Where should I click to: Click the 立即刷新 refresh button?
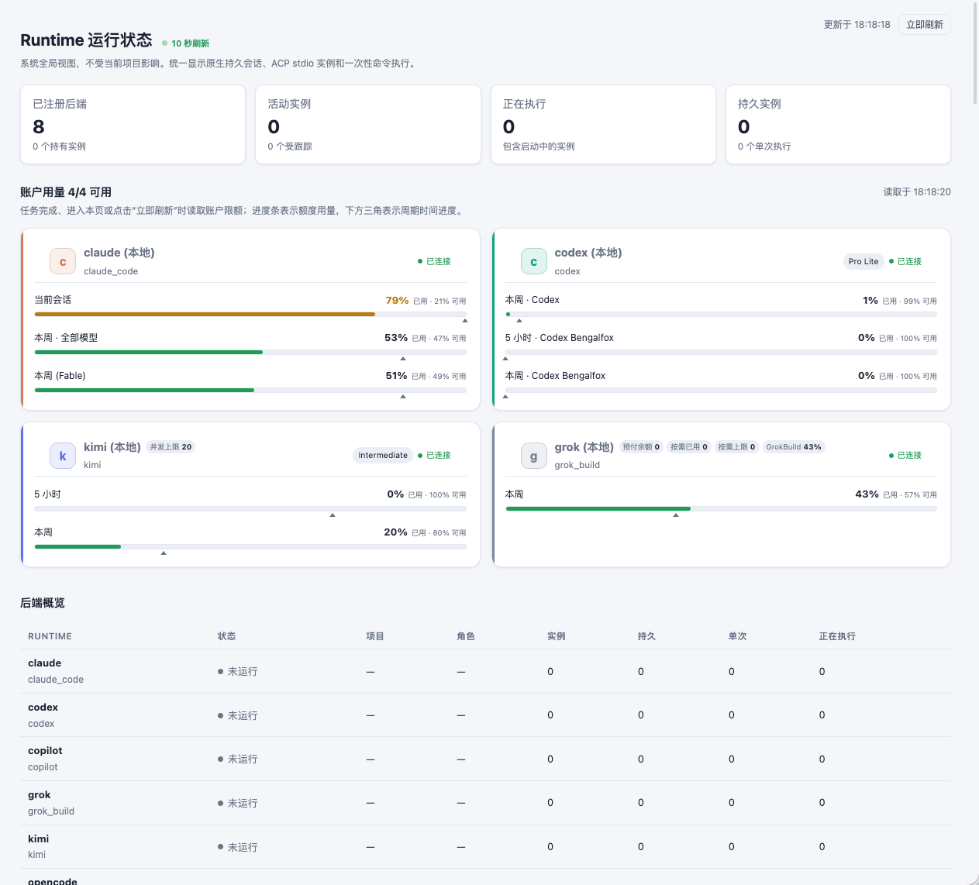(924, 24)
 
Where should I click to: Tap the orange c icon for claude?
(63, 261)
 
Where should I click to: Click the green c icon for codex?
(533, 261)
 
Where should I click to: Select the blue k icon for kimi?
(63, 456)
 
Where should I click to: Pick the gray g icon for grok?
(533, 456)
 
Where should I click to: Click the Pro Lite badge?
(863, 261)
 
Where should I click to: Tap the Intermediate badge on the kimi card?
(383, 455)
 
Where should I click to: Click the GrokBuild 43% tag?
(794, 446)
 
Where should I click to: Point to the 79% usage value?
(397, 300)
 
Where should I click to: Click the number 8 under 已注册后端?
(39, 127)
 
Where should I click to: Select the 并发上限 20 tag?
(171, 446)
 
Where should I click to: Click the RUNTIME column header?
(50, 636)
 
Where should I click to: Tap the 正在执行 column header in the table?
(837, 636)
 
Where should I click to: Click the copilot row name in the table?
(45, 750)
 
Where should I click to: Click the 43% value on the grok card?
(867, 494)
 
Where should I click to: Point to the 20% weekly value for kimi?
(395, 532)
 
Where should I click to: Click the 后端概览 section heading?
(43, 603)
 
